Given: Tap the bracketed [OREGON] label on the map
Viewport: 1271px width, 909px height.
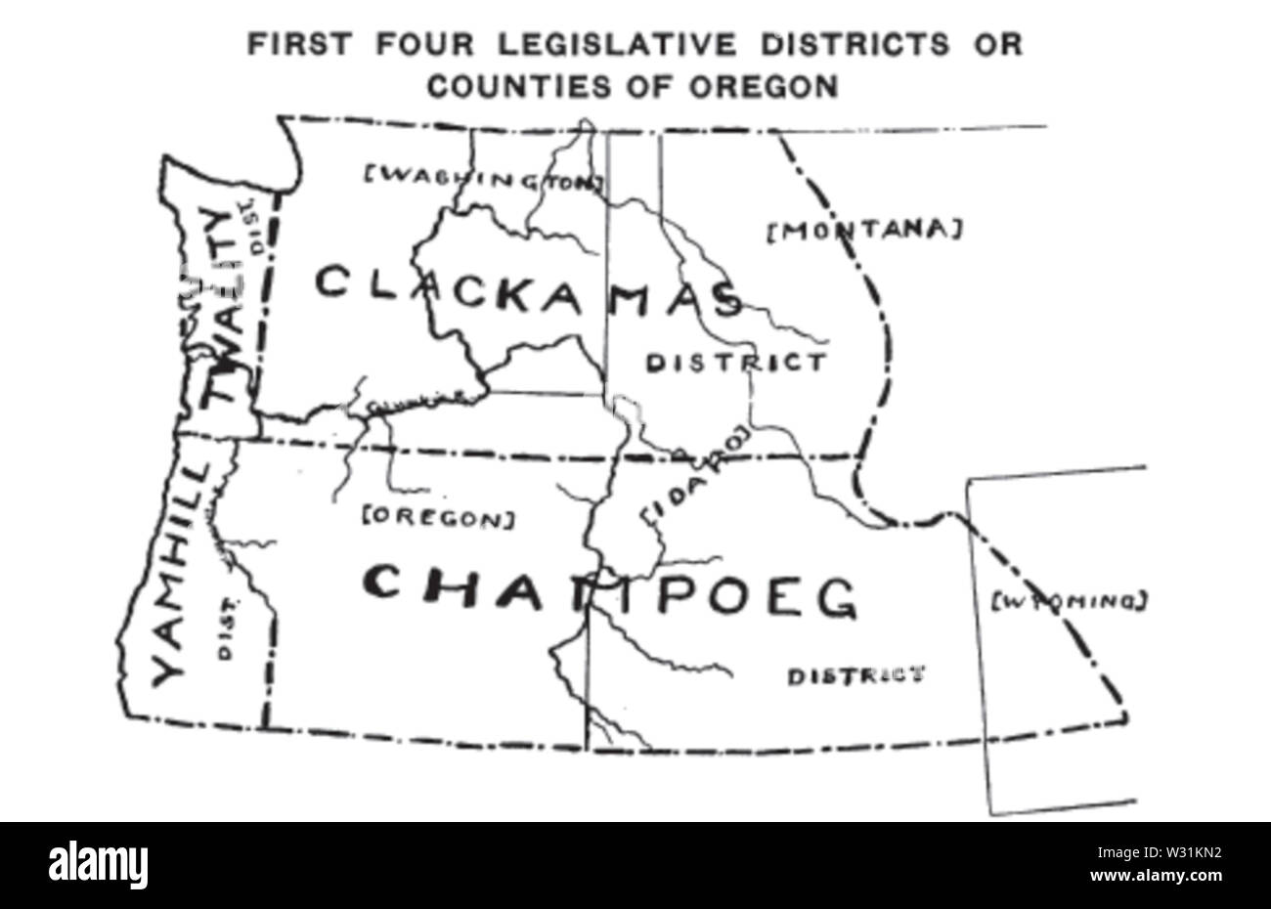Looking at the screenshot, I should [437, 516].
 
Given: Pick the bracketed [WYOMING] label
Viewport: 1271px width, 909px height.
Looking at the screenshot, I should [1068, 601].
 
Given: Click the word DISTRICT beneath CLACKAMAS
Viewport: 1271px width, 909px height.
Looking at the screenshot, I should [735, 364].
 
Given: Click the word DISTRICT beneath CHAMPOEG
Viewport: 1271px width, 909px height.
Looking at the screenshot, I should [855, 675].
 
